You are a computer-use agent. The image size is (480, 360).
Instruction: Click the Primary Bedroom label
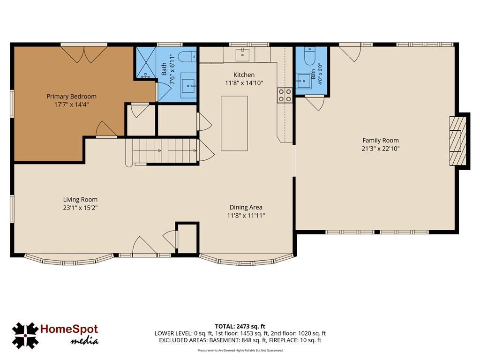click(x=71, y=97)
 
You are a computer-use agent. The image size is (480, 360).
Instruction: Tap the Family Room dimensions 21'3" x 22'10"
click(x=381, y=149)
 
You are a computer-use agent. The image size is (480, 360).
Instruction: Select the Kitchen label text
click(x=244, y=75)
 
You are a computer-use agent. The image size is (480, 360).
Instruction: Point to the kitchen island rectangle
click(x=234, y=123)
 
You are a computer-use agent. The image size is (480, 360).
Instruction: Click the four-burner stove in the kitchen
click(x=285, y=95)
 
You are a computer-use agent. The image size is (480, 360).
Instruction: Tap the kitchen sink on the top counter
click(x=242, y=54)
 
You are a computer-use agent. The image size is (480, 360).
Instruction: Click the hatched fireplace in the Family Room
click(x=458, y=141)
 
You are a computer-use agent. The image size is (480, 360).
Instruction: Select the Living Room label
click(x=80, y=200)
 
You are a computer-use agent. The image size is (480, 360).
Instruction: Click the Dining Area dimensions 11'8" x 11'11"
click(x=246, y=216)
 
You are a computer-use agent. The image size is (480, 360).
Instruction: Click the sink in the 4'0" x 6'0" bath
click(x=304, y=81)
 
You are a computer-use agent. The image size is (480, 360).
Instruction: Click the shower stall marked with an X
click(x=146, y=62)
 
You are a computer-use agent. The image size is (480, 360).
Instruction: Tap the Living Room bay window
click(x=69, y=260)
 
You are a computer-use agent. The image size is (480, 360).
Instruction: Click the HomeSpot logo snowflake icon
click(x=25, y=336)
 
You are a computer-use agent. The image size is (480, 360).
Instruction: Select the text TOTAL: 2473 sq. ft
click(x=240, y=326)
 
